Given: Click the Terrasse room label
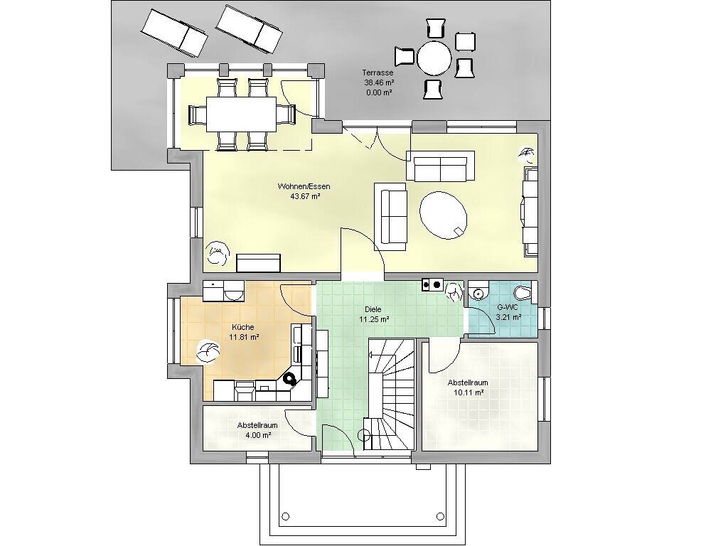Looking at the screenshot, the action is tap(378, 73).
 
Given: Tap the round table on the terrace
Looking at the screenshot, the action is tap(434, 58).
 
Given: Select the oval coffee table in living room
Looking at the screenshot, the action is tap(444, 215).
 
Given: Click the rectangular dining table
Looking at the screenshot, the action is tap(242, 114).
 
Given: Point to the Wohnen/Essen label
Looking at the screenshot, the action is tap(304, 187).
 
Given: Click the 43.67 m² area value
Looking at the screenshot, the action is tap(305, 196).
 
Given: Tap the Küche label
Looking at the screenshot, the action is tap(243, 327).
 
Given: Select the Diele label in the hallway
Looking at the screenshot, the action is tap(373, 309).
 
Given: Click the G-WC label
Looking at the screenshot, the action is tap(508, 307).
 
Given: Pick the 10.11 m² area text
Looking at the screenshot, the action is tap(469, 392).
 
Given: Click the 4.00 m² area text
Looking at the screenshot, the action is tap(258, 435).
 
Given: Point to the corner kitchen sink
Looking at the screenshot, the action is tap(290, 380).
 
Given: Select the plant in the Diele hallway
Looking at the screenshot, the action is tap(454, 291).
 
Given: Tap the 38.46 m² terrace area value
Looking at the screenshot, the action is tap(379, 82).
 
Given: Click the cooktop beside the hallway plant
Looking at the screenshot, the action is tap(432, 284).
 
